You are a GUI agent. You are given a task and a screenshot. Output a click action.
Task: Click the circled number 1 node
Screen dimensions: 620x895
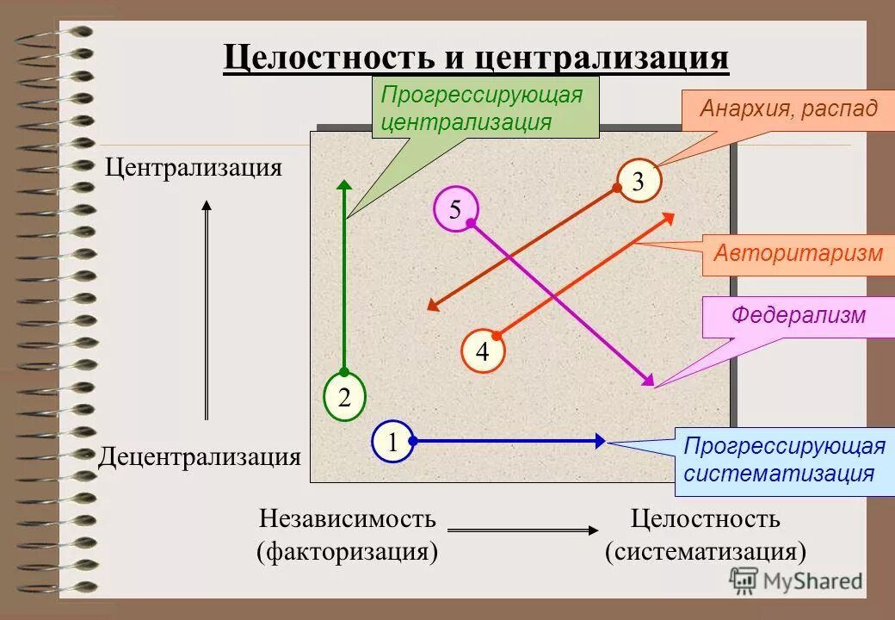(392, 443)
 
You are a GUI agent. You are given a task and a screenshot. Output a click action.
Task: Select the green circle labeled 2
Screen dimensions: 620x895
(344, 398)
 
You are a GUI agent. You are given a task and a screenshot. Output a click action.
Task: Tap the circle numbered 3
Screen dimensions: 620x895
(639, 181)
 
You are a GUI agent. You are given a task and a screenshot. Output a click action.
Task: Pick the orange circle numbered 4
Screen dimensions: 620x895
(482, 351)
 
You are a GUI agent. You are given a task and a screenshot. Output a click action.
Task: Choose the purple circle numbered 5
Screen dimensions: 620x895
(455, 209)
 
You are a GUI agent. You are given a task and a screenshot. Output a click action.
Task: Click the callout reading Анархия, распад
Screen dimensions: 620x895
(788, 109)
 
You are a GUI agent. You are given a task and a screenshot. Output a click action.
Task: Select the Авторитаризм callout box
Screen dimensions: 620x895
(798, 254)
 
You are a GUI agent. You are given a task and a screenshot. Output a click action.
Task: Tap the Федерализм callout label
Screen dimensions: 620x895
(798, 316)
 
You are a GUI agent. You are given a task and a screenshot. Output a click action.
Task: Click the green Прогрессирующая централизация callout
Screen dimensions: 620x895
(485, 108)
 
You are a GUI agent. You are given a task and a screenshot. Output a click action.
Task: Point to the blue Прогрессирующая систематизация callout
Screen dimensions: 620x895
(783, 461)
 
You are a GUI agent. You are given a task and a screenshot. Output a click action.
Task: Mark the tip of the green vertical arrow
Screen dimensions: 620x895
(344, 183)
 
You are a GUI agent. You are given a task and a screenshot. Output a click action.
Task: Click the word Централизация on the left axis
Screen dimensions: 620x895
(194, 166)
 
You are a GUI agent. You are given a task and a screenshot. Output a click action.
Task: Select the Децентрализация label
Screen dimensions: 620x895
(200, 456)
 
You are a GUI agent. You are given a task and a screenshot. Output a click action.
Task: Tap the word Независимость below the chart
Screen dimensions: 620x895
(348, 519)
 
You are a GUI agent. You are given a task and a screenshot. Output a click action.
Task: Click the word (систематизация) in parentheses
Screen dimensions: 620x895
(705, 550)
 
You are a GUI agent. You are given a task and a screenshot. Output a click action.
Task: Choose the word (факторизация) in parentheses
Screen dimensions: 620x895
(348, 550)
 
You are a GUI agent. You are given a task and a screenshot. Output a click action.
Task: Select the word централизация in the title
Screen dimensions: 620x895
(600, 59)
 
